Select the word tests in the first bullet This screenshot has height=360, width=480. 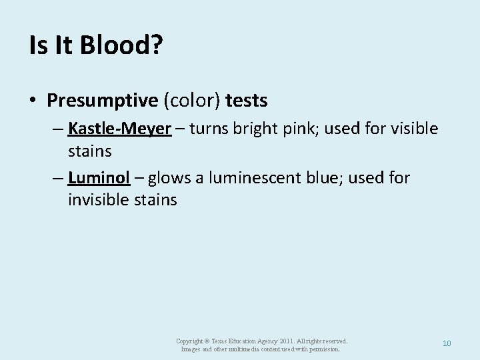(247, 101)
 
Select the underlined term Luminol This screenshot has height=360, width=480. (98, 179)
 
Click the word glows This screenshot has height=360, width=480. (169, 179)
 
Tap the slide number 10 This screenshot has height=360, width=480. (447, 343)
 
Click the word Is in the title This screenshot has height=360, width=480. (37, 45)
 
